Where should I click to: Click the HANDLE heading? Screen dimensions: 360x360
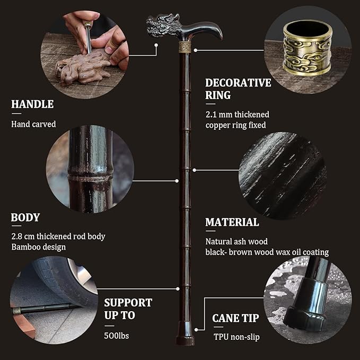pos(32,104)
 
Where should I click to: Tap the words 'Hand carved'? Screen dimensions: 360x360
pos(33,124)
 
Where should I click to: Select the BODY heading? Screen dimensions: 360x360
pos(25,217)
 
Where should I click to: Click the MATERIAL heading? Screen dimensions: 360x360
pos(232,222)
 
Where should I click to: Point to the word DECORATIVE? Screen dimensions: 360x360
pos(238,83)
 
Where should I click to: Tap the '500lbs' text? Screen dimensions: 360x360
pos(117,336)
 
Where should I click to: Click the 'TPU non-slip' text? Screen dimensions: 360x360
pos(236,337)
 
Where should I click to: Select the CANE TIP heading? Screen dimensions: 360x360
pos(235,318)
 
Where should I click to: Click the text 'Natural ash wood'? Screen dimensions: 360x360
pos(236,242)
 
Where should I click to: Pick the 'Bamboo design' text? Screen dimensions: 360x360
pos(39,247)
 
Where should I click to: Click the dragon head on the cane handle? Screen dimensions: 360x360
pos(163,25)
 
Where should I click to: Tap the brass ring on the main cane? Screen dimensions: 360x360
pos(185,47)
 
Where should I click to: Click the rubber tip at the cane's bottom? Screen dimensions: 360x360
pos(185,334)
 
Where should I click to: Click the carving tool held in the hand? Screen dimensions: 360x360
pos(87,36)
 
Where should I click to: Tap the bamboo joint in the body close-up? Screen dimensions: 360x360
pos(91,178)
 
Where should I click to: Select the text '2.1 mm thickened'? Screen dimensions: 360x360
pos(238,115)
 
